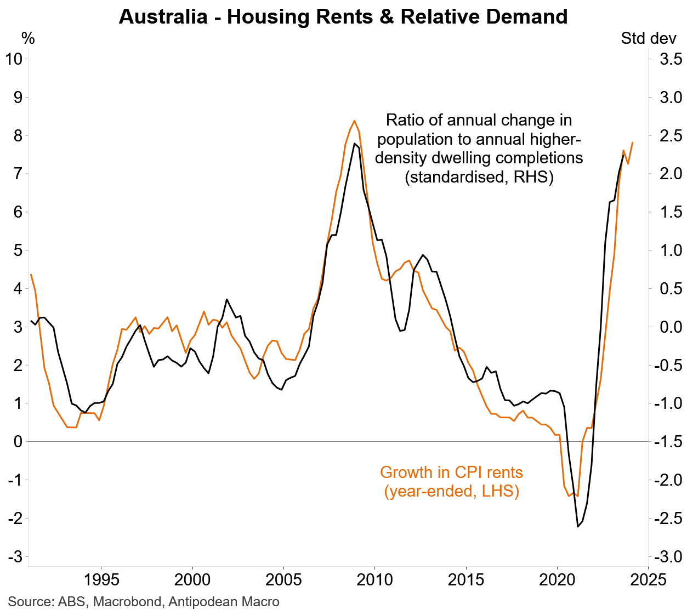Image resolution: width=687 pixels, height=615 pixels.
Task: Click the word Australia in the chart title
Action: [163, 17]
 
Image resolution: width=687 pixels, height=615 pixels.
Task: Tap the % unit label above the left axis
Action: [28, 38]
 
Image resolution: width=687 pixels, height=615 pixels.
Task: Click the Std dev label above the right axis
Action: [648, 38]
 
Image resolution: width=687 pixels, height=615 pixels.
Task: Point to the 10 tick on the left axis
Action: [14, 59]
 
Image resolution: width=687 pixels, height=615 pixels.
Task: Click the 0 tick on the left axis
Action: [18, 442]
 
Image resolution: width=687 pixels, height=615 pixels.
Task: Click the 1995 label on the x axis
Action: [101, 579]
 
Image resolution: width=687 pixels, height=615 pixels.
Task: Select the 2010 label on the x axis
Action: [374, 579]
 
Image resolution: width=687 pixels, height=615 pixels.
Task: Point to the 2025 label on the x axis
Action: [648, 579]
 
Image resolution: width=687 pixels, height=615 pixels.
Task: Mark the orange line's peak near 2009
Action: [354, 121]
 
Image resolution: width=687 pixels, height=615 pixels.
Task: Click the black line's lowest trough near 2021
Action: [577, 527]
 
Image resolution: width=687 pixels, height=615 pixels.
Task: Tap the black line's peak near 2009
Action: [354, 144]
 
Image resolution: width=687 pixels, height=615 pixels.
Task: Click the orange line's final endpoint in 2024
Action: [633, 143]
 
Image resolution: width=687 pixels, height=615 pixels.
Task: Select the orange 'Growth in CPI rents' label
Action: [451, 472]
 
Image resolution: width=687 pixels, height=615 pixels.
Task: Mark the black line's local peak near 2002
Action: [226, 299]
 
